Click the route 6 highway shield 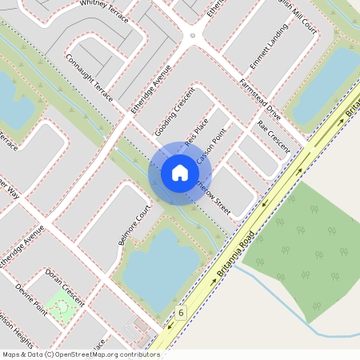point(182,311)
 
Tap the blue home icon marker point(179,173)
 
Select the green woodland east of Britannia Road point(304,240)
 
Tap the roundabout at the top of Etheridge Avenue point(192,35)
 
